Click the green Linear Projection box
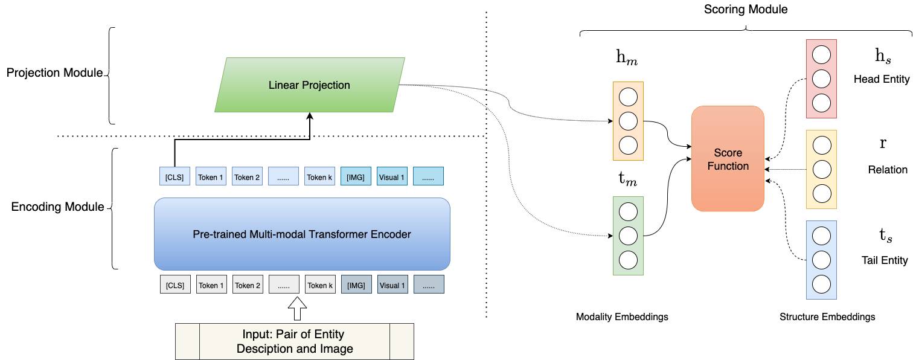310,85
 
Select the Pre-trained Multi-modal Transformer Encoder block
302,234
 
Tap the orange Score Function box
728,159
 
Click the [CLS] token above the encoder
175,176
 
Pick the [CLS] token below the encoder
175,284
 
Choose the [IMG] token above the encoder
356,176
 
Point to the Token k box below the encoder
320,284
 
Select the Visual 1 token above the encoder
392,176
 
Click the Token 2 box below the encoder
248,284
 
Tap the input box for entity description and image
295,342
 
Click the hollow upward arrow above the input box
297,309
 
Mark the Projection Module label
54,73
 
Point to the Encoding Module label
57,207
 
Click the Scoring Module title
746,10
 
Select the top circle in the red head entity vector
821,55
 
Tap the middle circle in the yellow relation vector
822,169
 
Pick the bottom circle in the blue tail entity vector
821,284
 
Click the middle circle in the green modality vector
628,236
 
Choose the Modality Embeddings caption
622,317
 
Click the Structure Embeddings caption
827,317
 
